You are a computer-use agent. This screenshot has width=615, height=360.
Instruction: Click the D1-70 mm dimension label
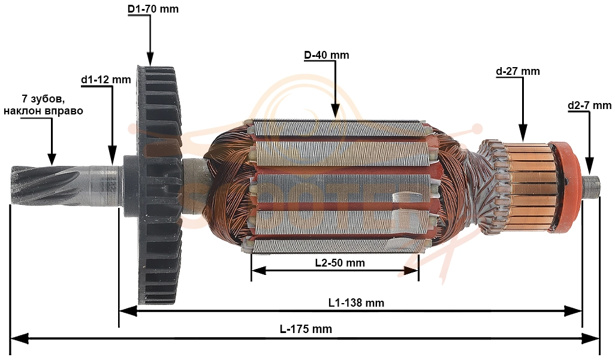(x=153, y=8)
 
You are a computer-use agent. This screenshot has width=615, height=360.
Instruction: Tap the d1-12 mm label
(x=106, y=80)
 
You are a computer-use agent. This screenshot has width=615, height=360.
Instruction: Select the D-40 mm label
(x=327, y=55)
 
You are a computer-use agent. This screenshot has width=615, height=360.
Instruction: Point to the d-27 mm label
(x=518, y=71)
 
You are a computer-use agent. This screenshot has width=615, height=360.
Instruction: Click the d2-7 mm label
(x=589, y=105)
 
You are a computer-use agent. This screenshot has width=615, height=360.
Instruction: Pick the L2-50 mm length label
(x=340, y=263)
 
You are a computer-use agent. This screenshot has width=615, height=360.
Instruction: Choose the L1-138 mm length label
(x=356, y=302)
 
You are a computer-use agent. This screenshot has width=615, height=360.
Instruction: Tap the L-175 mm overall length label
(x=306, y=329)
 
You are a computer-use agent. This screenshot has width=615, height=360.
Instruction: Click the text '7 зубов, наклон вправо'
(x=43, y=105)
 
